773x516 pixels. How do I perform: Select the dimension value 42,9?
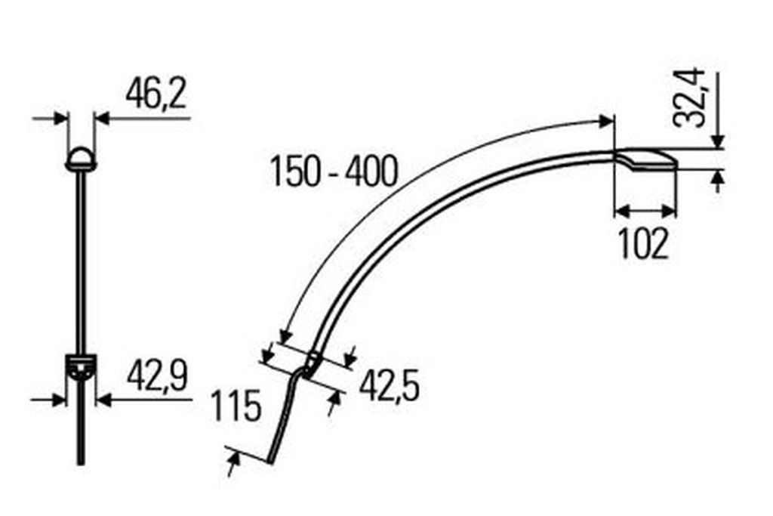click(157, 376)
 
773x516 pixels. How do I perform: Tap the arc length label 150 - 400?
click(334, 171)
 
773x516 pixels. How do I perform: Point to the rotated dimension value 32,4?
click(689, 97)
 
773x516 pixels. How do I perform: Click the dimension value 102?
click(643, 244)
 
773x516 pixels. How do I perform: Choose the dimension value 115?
click(236, 406)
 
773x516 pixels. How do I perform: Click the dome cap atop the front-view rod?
click(81, 159)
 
